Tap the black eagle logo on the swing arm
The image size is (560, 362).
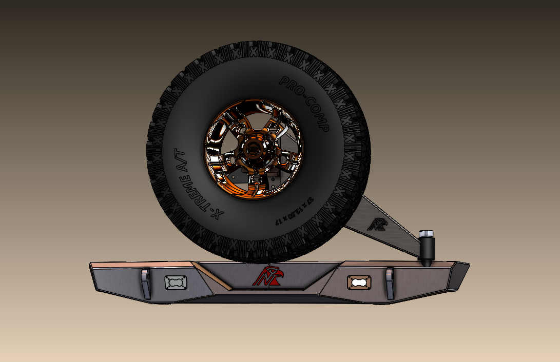(x=379, y=224)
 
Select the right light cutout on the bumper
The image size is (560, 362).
(x=359, y=281)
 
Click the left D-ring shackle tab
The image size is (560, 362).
(x=145, y=283)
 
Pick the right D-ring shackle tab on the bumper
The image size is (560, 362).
(x=390, y=283)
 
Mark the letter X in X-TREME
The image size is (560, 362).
(x=218, y=215)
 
